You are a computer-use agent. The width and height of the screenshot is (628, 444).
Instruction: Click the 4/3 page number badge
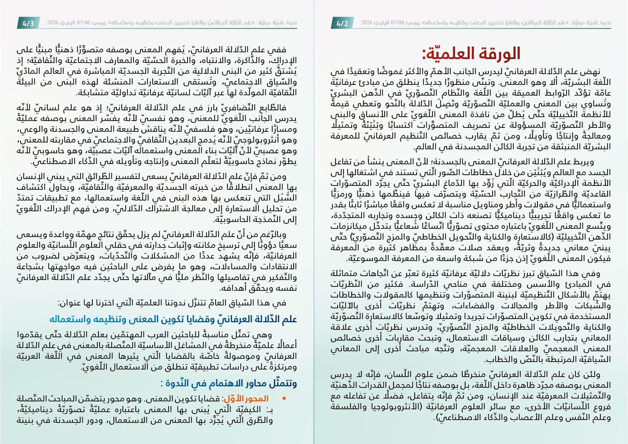28,24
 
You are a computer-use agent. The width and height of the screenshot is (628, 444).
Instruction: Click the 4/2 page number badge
342,24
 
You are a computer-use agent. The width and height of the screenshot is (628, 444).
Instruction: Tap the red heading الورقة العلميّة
471,54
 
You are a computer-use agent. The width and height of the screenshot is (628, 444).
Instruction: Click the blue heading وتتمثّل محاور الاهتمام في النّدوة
228,383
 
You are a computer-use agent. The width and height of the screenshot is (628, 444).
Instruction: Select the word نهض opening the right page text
593,72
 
